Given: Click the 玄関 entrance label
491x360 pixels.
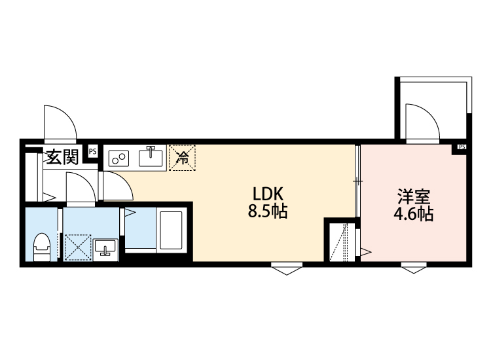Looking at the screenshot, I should [x=62, y=157].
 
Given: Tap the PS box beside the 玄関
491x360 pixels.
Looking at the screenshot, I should [x=92, y=151].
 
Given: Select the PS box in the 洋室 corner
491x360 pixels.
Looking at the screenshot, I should [x=462, y=147].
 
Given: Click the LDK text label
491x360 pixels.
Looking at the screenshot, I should [x=268, y=194].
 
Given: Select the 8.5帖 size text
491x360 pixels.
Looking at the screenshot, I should [x=268, y=213].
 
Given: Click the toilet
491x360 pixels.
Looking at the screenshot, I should [x=42, y=246].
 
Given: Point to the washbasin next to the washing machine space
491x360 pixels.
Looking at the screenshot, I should [x=105, y=248].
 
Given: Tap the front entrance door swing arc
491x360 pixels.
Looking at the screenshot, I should [x=60, y=121].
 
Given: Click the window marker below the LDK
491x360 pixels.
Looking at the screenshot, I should [x=285, y=268].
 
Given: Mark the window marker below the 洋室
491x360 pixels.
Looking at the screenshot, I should [x=412, y=268].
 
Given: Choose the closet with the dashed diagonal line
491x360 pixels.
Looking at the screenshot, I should [x=340, y=242].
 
